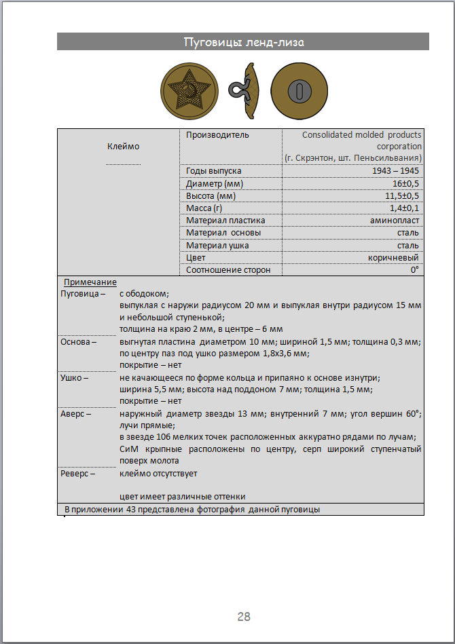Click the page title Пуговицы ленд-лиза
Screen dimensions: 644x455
(243, 42)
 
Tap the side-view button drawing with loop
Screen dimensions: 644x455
(246, 89)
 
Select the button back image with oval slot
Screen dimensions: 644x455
(298, 90)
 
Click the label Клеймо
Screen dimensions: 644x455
(123, 146)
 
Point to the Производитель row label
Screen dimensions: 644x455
(217, 135)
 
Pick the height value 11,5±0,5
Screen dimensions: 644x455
(402, 195)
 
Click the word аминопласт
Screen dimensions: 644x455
(395, 221)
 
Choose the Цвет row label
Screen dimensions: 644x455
(196, 258)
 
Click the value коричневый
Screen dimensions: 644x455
(395, 258)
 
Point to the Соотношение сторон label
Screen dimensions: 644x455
(228, 270)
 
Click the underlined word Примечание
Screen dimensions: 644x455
(90, 282)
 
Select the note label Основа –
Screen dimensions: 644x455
(79, 341)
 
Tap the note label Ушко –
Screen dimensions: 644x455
(75, 377)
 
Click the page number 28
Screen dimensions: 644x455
(244, 616)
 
